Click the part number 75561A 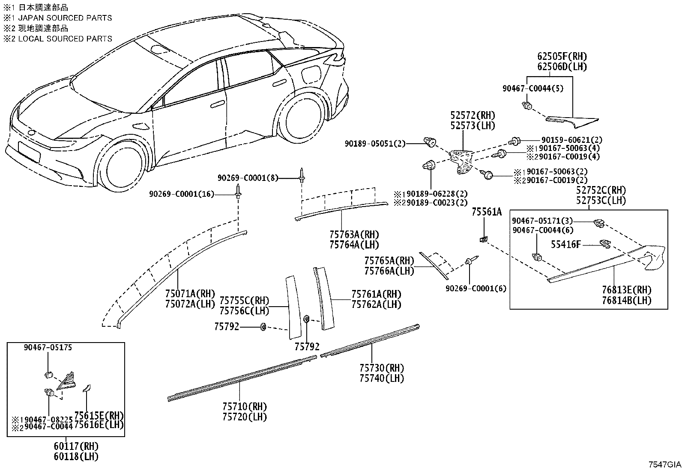487,212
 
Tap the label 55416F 566,245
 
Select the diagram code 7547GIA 664,464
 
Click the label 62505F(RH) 562,56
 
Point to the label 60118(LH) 76,456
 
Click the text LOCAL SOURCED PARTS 65,39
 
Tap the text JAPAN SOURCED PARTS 65,18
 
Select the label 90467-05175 48,348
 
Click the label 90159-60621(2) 572,140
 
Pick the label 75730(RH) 382,368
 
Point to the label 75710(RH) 245,406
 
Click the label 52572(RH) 473,115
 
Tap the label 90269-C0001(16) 182,194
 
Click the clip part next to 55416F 605,243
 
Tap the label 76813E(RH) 627,290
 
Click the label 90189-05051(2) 375,144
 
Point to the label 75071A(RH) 190,294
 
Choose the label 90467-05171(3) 542,221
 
